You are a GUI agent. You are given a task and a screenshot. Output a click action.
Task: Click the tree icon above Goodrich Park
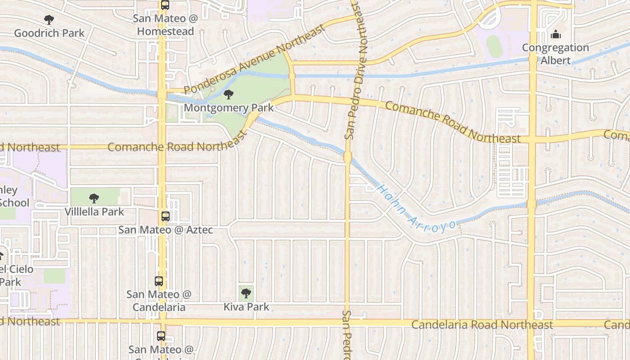coord(49,20)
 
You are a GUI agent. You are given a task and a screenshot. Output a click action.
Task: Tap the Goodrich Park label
coord(49,33)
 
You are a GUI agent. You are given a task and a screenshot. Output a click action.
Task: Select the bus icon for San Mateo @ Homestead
coord(165,5)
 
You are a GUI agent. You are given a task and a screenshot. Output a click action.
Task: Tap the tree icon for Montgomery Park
coord(229,94)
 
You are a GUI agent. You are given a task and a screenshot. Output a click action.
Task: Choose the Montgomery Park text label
coord(229,108)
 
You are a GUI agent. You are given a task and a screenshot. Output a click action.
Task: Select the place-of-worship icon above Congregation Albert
coord(555,34)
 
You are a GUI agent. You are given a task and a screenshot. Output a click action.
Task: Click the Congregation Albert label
coord(555,54)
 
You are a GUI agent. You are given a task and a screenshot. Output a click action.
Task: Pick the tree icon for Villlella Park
coord(94,198)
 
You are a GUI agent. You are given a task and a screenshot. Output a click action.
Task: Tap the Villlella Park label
coord(94,211)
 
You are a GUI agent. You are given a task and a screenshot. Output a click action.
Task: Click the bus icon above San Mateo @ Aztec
coord(165,216)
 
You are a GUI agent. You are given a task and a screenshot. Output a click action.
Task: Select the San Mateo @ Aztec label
coord(165,230)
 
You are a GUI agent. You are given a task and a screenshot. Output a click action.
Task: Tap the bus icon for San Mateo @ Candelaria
coord(159,281)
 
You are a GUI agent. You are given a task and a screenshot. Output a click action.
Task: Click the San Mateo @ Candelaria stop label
coord(159,301)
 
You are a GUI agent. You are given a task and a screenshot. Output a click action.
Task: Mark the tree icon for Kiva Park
coord(246,293)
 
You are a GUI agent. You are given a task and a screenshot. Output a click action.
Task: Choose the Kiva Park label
coord(246,307)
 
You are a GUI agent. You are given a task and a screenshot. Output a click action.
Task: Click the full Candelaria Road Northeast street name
coord(482,325)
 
